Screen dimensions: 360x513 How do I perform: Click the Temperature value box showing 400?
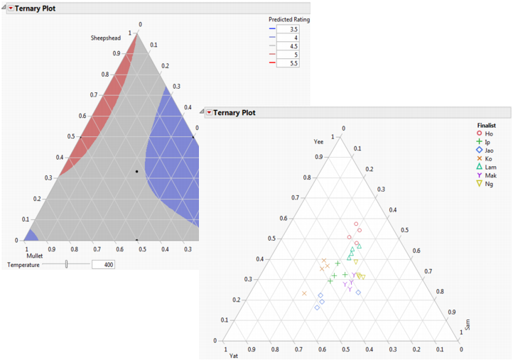click(x=103, y=264)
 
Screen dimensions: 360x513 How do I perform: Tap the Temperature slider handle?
click(x=66, y=264)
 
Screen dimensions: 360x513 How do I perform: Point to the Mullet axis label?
click(x=36, y=255)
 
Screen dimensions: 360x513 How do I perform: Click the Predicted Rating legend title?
click(x=288, y=19)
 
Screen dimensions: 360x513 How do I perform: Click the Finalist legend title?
click(x=487, y=125)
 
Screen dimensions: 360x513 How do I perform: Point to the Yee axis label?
click(x=318, y=142)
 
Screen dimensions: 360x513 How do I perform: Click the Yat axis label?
click(x=233, y=355)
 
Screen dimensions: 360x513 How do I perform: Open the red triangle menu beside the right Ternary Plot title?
click(x=209, y=112)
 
